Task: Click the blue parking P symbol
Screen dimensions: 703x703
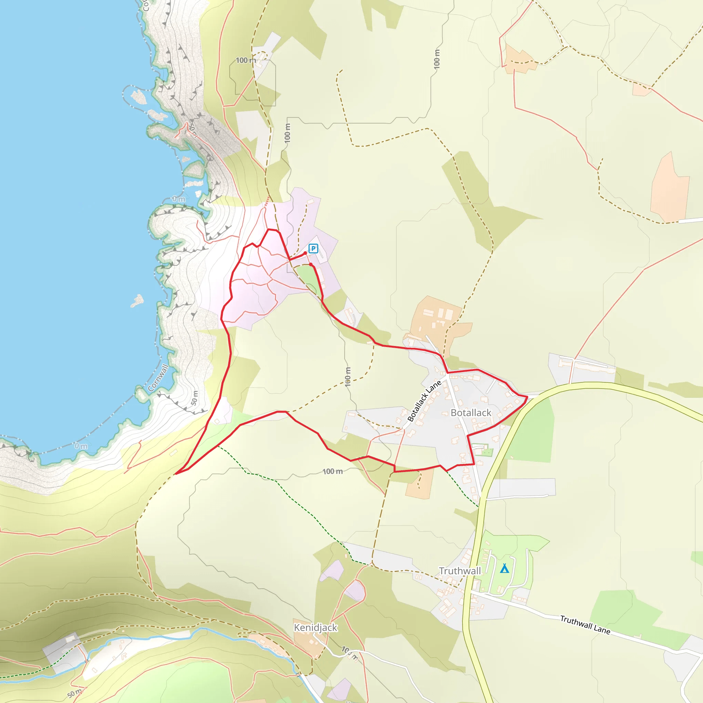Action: [313, 249]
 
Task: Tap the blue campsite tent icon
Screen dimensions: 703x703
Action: [504, 568]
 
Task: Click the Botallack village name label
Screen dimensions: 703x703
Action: [471, 413]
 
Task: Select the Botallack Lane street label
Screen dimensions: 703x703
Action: [424, 401]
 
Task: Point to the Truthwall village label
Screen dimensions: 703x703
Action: [460, 571]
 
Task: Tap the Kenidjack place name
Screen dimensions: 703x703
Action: [315, 627]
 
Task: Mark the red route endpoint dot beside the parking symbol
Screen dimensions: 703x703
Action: [305, 253]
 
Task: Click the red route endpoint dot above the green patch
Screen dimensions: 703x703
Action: [310, 265]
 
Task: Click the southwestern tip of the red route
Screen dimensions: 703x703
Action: [175, 474]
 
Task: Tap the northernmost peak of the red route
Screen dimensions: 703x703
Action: [269, 229]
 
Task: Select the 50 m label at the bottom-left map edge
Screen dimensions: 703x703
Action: [74, 693]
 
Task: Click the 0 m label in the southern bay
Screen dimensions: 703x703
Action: [81, 446]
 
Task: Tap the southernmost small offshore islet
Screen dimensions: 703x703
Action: [138, 301]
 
